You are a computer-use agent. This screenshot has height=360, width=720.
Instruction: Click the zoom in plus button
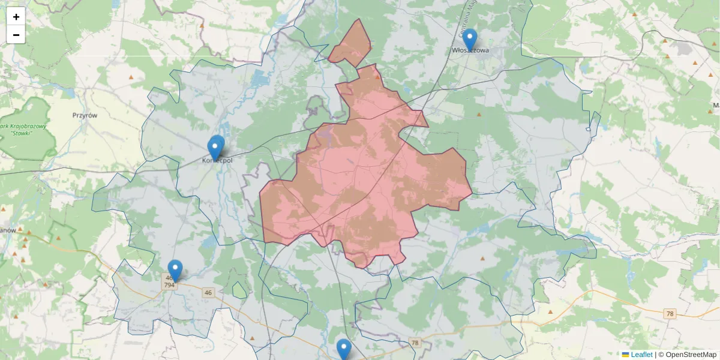tap(16, 17)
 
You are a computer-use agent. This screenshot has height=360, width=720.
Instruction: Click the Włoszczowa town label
tap(470, 51)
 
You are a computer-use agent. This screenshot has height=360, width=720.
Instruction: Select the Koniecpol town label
tap(217, 160)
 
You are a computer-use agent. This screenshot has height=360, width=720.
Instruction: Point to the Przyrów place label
tap(85, 115)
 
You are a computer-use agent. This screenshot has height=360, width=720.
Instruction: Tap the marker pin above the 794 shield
tap(175, 271)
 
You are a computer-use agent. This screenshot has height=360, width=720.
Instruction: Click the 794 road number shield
tap(169, 285)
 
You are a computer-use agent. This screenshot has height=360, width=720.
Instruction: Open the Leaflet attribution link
tap(641, 355)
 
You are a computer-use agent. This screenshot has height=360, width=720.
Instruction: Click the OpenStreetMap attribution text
tap(691, 355)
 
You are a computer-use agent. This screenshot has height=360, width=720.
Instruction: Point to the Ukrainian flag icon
tap(625, 355)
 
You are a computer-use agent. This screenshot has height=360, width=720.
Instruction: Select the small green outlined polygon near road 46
tap(239, 290)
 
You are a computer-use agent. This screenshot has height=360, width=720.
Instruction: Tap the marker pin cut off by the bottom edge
tap(343, 350)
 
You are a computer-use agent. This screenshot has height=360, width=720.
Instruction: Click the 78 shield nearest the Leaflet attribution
tap(670, 314)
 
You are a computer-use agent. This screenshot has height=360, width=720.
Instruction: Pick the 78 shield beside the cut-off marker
tap(414, 343)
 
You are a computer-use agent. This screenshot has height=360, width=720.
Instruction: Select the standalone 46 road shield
tap(208, 293)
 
